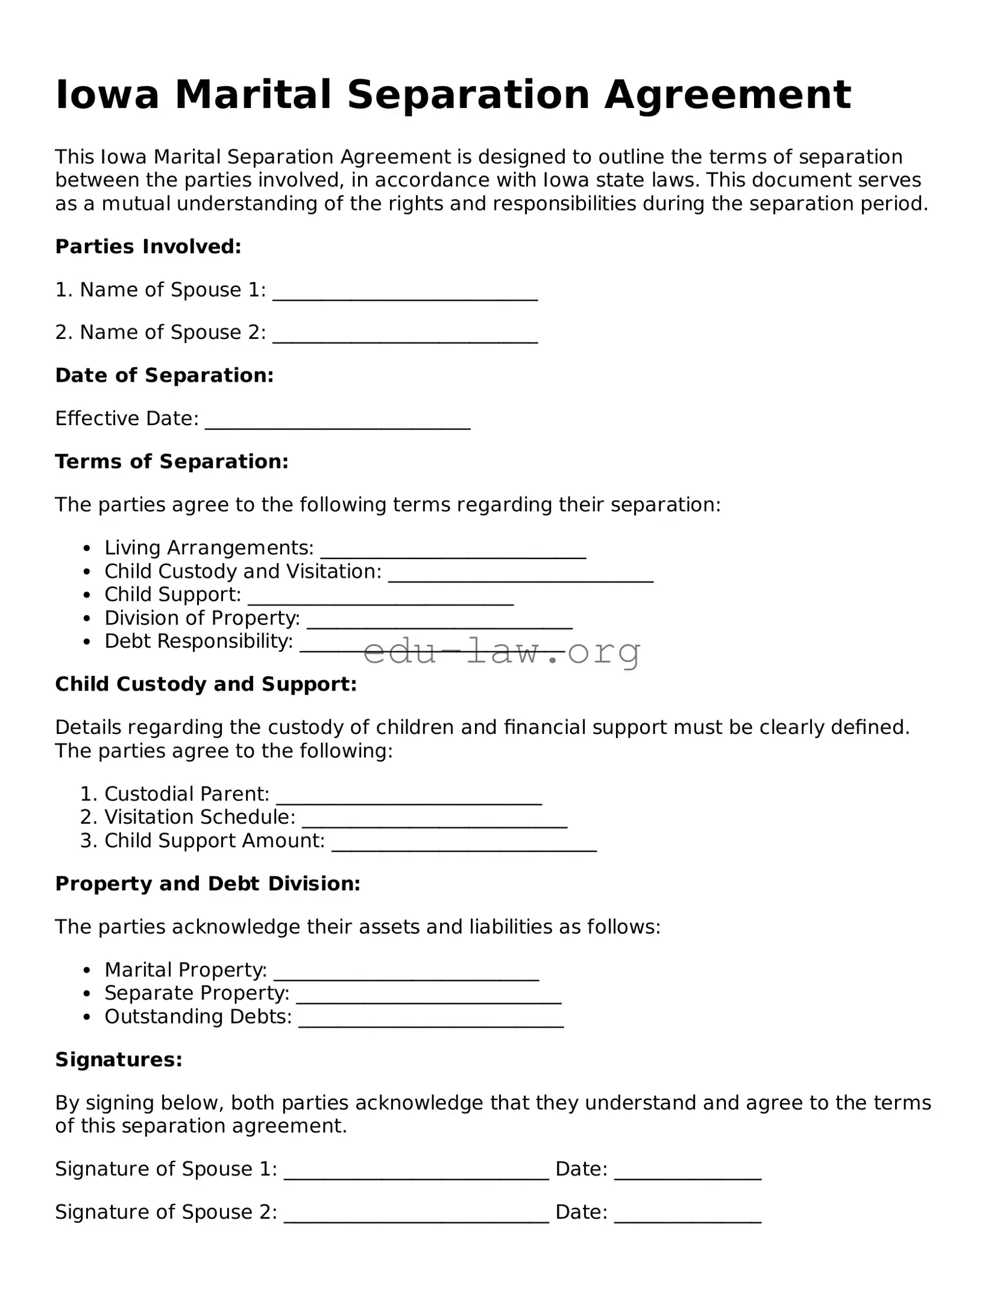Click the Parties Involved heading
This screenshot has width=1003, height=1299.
tap(148, 247)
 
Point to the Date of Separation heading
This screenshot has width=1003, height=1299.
tap(165, 376)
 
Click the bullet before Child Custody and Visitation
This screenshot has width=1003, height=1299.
tap(88, 572)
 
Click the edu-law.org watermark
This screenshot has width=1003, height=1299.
tap(502, 651)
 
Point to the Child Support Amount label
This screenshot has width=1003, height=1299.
tap(214, 841)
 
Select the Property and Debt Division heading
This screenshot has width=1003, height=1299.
tap(208, 884)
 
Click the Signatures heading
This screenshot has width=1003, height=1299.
tap(119, 1060)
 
